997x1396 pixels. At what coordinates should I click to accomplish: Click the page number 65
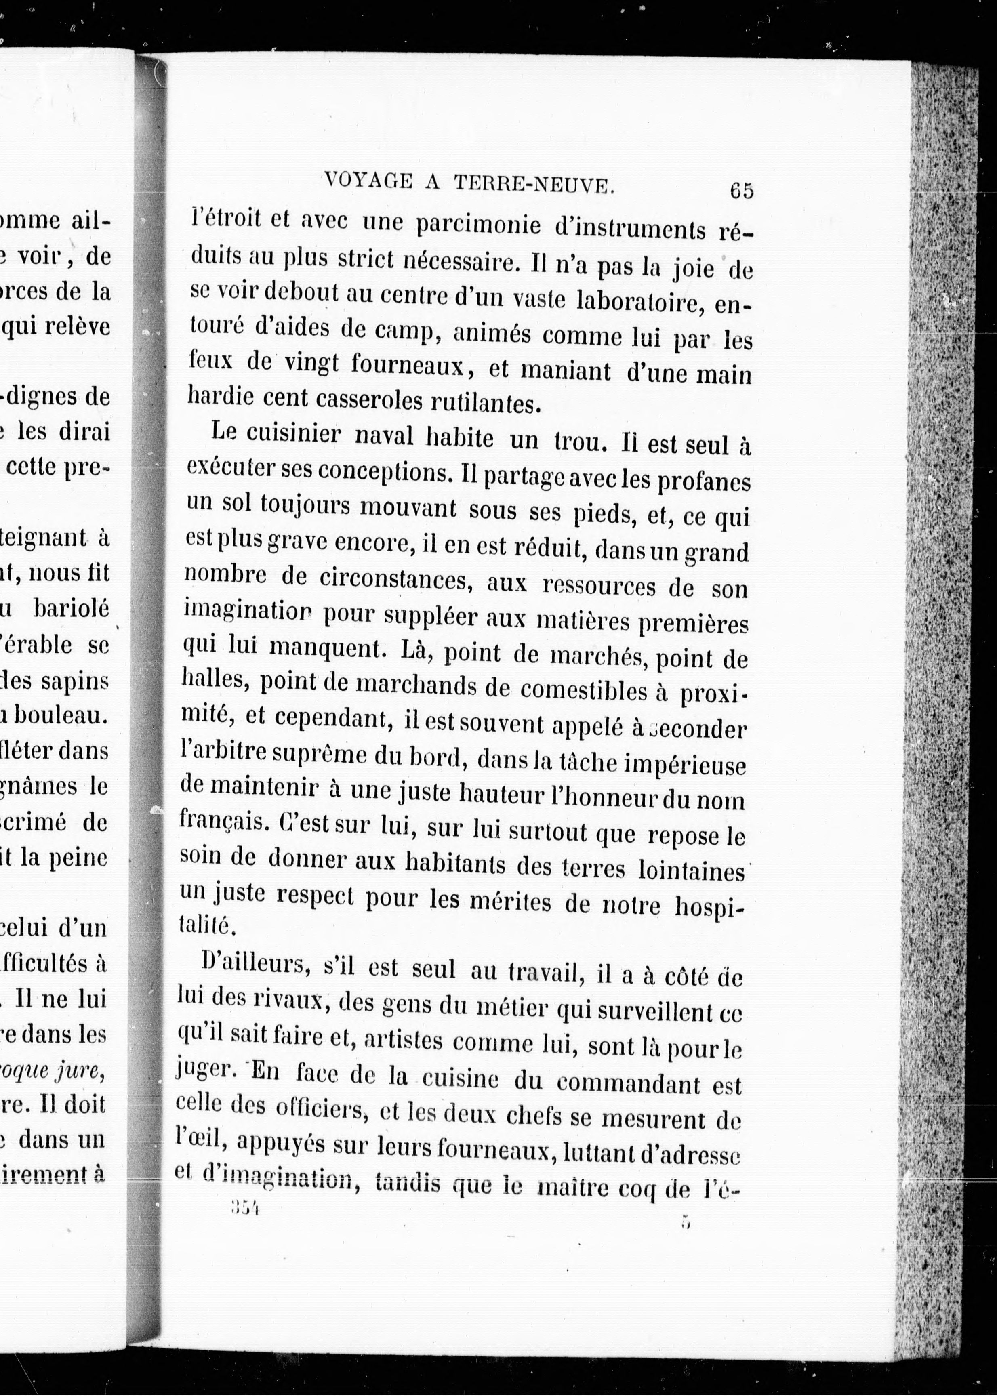click(x=741, y=191)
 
